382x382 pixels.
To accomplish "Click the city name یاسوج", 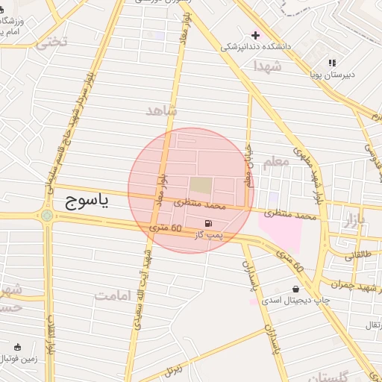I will (x=84, y=201).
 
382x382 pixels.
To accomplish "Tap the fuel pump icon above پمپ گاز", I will (x=207, y=223).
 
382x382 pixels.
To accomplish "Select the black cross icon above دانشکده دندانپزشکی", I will (x=255, y=35).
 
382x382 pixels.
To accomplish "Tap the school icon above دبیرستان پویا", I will (x=332, y=63).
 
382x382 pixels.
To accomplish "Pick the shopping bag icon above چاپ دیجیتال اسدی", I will (x=296, y=289).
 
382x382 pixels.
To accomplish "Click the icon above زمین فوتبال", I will (x=18, y=347).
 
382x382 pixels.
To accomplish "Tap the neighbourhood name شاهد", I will (x=163, y=110).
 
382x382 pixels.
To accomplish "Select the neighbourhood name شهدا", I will (x=266, y=66).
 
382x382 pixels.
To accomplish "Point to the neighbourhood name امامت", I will (x=113, y=295).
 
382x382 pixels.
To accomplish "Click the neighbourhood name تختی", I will (x=51, y=43).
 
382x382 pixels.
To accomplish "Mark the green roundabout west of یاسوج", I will (x=48, y=216).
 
